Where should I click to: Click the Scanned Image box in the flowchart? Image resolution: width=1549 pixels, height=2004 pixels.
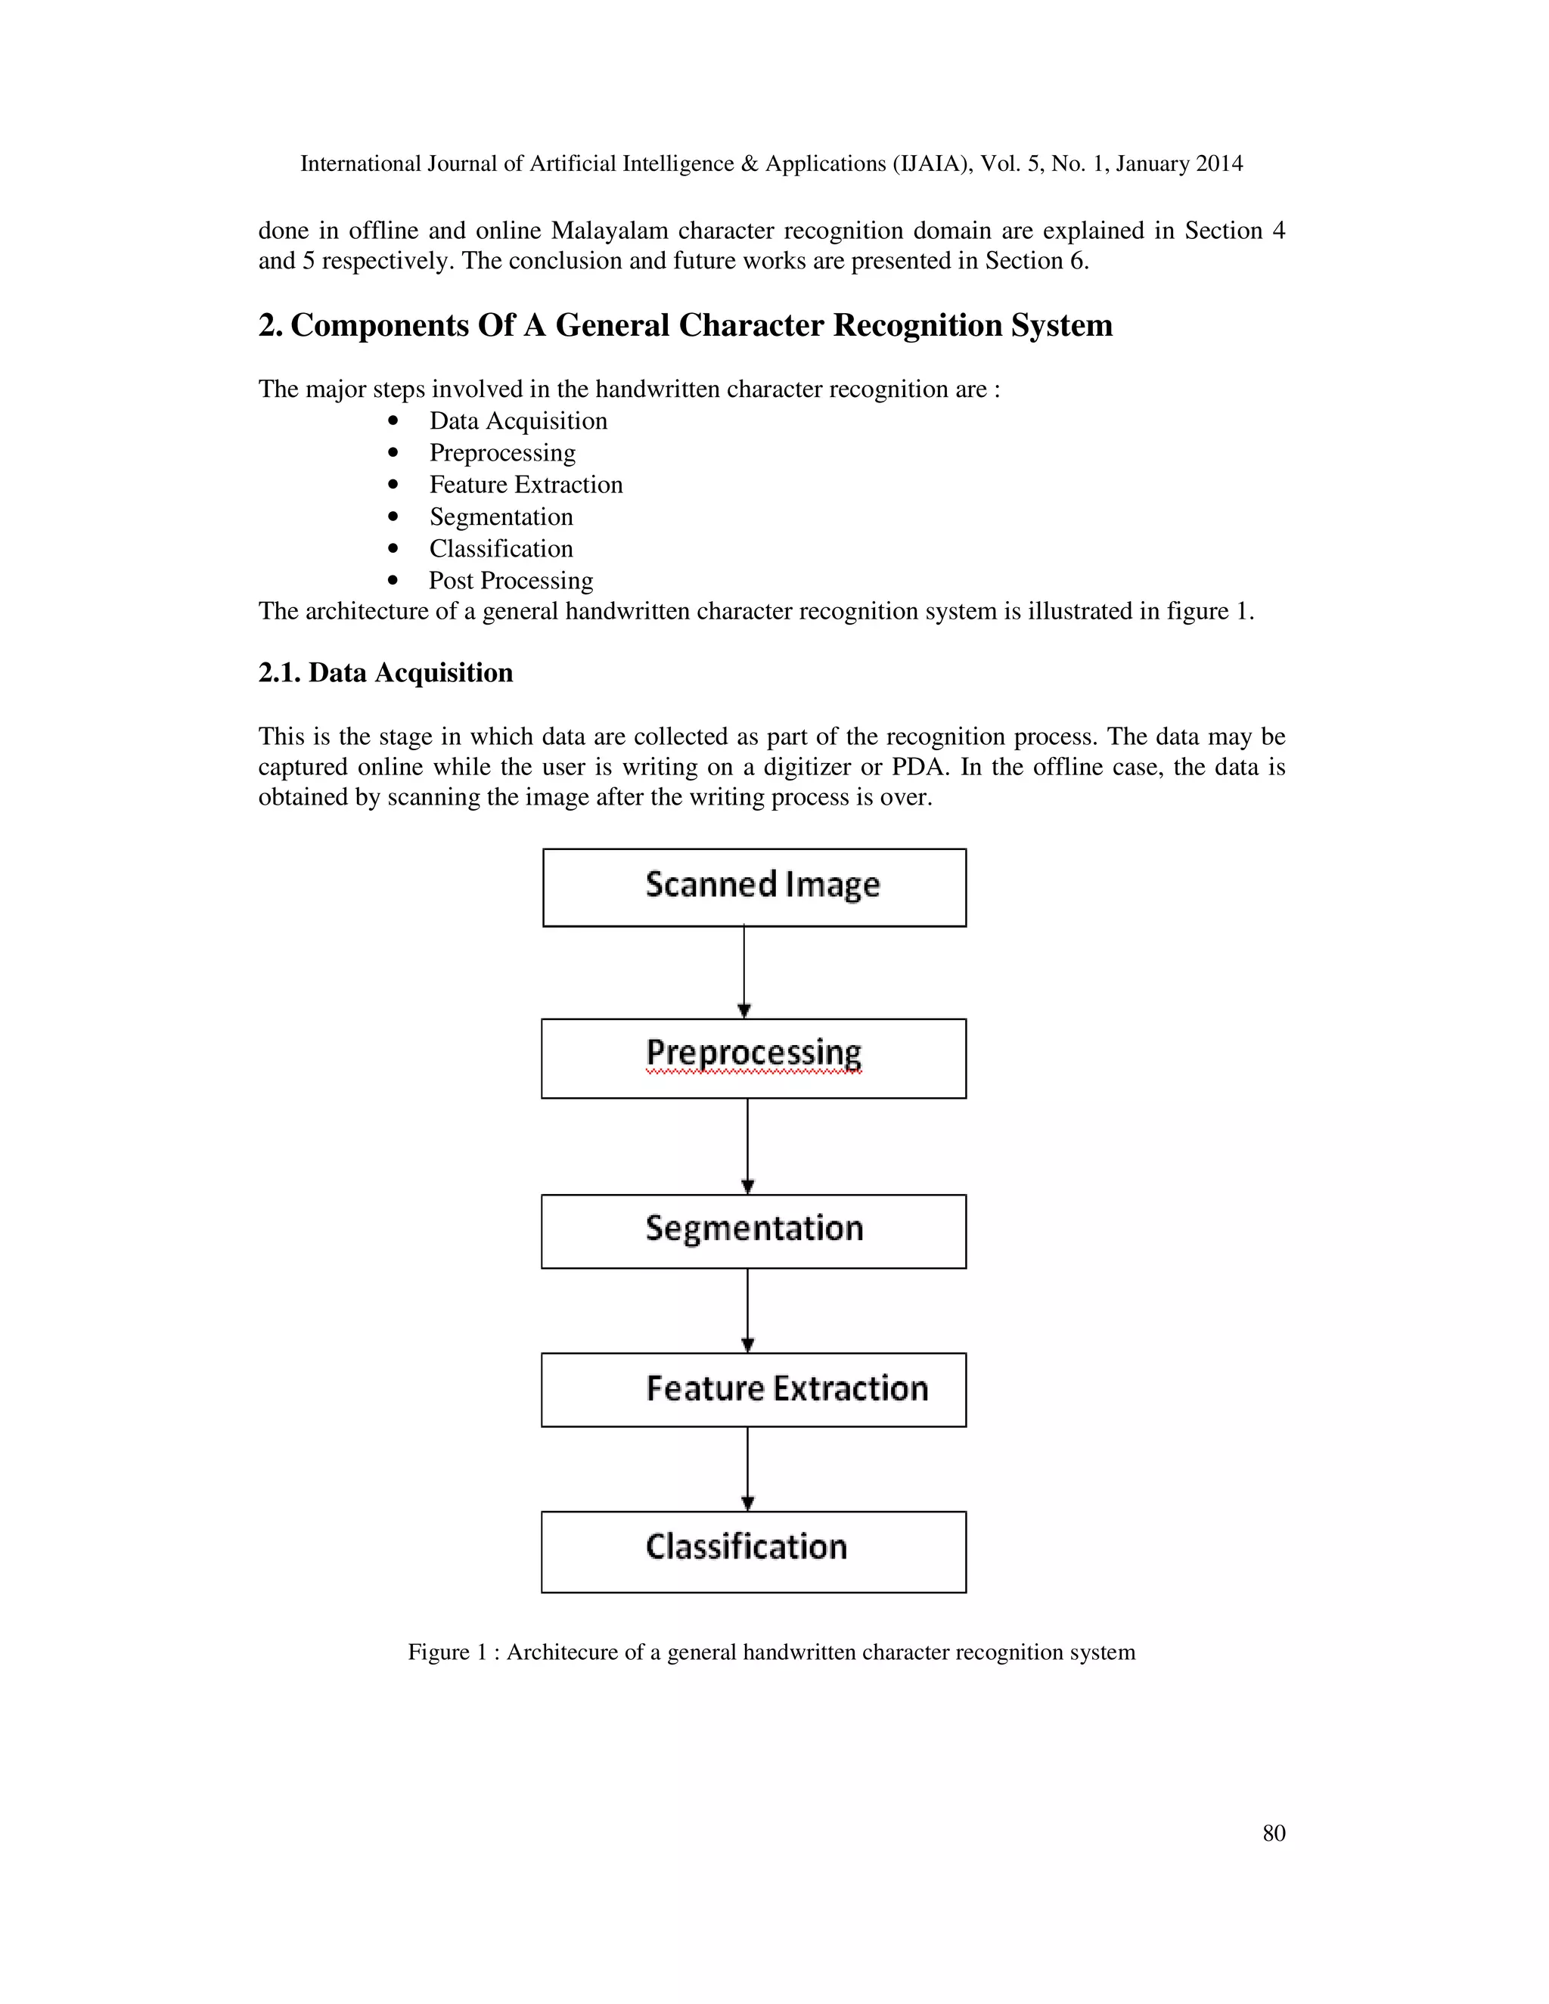pos(753,886)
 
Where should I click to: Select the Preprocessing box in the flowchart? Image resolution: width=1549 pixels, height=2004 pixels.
pos(753,1057)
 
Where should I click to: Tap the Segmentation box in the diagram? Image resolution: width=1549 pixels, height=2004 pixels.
pos(753,1230)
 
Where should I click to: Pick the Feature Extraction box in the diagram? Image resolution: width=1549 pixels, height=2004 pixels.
pos(753,1388)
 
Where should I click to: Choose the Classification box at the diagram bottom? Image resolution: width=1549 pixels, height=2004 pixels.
pos(753,1551)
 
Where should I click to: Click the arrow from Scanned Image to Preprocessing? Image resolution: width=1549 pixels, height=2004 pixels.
pos(744,971)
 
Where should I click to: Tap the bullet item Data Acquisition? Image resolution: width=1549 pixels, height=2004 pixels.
pos(517,421)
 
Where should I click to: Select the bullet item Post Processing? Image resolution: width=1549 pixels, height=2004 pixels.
pos(511,581)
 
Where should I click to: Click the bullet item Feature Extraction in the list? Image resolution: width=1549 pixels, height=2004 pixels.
pos(526,485)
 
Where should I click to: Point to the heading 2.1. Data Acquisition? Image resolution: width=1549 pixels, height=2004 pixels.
pos(386,672)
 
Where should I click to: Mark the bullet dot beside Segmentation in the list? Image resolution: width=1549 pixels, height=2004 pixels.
pos(393,517)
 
